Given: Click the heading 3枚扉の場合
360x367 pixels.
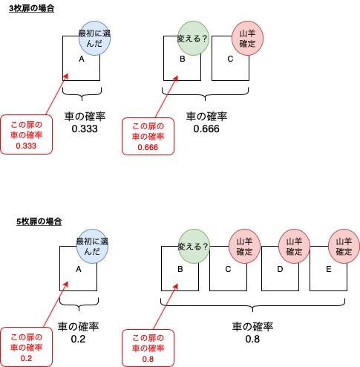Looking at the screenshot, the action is pos(31,8).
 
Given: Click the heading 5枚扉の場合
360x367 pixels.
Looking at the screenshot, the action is pos(39,221).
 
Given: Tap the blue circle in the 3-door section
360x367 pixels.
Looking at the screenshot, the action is pos(94,38).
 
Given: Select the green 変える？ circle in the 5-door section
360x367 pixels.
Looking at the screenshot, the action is pos(194,246).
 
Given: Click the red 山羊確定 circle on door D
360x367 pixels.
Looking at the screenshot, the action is pos(294,246).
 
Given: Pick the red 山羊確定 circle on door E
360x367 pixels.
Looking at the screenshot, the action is pos(344,246).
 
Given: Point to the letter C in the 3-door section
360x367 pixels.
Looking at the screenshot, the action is pos(230,59).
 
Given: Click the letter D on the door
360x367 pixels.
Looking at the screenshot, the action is pos(280,269).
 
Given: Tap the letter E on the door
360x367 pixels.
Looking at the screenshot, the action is pos(328,269).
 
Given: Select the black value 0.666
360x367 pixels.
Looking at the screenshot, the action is pos(206,129).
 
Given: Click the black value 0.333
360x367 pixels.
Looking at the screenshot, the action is pos(85,129).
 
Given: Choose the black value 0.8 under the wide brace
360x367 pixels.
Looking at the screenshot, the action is pos(252,339).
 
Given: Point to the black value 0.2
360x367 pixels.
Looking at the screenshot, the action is pos(78,339).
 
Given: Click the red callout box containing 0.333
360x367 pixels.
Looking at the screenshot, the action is pos(27,134).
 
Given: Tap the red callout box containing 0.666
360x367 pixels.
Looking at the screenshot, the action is pos(148,137).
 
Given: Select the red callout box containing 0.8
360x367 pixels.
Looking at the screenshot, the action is pos(148,348).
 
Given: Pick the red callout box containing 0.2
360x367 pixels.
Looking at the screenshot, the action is pos(27,347).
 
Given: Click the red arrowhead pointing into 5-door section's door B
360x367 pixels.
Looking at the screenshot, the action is pos(176,286).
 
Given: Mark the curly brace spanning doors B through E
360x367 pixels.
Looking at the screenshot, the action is pos(252,305).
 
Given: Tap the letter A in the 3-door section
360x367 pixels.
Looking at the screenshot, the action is pos(82,59).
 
